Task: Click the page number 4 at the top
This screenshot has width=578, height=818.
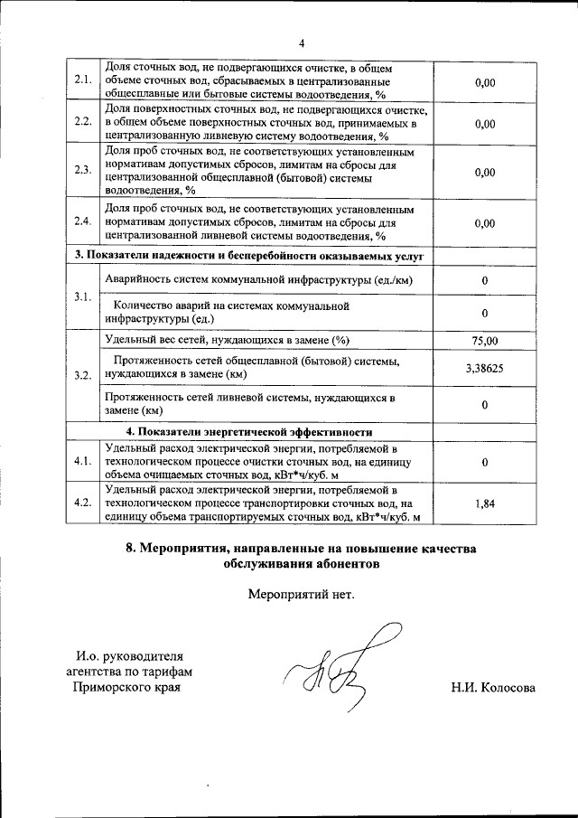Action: tap(303, 42)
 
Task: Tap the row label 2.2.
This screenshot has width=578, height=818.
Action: tap(83, 123)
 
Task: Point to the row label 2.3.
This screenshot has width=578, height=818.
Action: tap(83, 171)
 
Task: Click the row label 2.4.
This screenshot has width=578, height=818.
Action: tap(83, 221)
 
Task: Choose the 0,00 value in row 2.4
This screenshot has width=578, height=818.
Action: tap(484, 222)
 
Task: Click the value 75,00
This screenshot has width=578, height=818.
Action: tap(484, 341)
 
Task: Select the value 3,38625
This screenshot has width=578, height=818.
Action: tap(484, 368)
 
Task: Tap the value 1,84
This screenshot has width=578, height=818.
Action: tap(484, 503)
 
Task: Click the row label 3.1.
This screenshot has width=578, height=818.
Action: tap(83, 297)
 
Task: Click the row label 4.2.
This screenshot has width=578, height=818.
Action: tap(83, 503)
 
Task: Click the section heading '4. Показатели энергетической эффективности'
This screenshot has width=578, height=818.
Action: tap(249, 430)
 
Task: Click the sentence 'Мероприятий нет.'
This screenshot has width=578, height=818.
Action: tap(302, 595)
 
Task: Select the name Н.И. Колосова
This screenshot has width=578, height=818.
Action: tap(493, 688)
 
